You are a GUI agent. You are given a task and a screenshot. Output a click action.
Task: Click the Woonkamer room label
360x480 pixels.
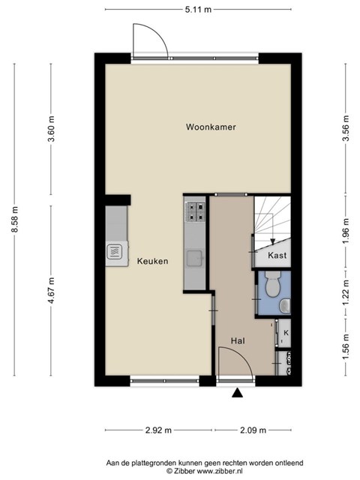coord(211,127)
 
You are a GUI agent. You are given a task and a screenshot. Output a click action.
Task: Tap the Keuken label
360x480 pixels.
coord(152,261)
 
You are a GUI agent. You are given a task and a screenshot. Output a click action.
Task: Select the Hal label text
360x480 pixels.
coord(238,340)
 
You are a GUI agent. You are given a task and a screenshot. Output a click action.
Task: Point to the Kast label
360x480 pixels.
coord(277,255)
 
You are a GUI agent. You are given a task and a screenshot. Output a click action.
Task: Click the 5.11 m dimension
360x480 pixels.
coord(198,10)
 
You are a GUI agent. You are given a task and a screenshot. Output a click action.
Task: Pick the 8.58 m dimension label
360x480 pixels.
coord(15,219)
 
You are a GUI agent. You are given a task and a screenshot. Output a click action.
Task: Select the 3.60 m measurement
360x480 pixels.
coord(52,128)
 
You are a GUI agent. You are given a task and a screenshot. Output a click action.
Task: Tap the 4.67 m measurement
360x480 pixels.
coord(52,290)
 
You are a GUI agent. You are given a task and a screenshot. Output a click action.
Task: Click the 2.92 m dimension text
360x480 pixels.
coord(158,430)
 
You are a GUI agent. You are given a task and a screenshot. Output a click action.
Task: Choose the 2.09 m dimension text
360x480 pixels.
coord(253,430)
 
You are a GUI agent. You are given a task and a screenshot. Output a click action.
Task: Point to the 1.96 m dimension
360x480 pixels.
coord(346,231)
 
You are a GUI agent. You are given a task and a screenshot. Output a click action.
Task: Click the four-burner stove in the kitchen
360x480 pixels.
coord(196,211)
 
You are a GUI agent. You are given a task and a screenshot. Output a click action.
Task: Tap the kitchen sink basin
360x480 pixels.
coord(195,258)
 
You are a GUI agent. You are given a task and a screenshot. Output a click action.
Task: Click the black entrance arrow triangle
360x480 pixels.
coord(237,393)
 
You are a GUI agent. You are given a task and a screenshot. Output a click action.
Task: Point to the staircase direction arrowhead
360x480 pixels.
coord(272,241)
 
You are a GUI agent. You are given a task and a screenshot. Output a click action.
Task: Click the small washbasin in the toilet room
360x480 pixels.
coord(285,306)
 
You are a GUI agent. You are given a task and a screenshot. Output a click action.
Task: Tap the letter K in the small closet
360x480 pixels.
coord(286,333)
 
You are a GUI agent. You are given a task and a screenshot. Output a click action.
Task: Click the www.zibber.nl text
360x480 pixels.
coord(220,471)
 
